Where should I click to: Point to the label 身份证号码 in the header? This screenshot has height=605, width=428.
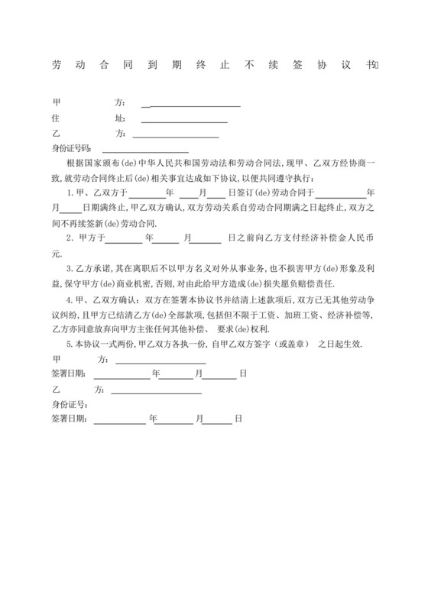(71, 148)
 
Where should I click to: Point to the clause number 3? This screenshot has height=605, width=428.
(70, 269)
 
